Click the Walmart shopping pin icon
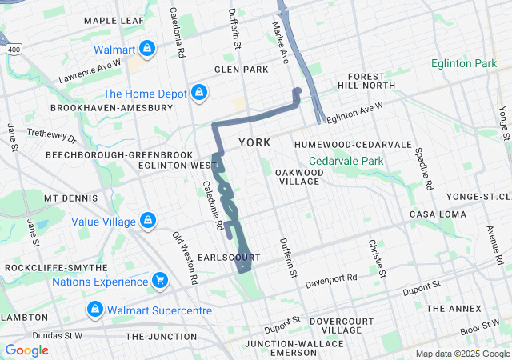pos(146,50)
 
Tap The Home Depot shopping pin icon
pos(198,94)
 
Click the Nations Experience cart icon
pos(160,281)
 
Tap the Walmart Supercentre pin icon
pos(94,310)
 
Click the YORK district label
pos(254,142)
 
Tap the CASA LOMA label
pos(433,214)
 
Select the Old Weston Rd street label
pos(186,258)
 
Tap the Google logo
pos(27,350)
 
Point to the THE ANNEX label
pos(454,308)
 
